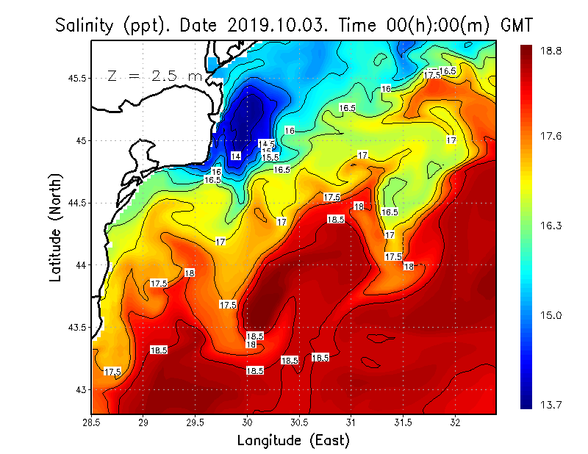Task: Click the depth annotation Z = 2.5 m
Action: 154,76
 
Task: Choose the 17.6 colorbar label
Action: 552,136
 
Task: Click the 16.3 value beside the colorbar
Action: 552,226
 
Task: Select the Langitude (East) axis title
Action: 293,441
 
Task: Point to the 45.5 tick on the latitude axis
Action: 76,78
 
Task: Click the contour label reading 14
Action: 235,156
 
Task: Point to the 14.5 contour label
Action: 267,143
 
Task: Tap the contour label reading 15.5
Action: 270,157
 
